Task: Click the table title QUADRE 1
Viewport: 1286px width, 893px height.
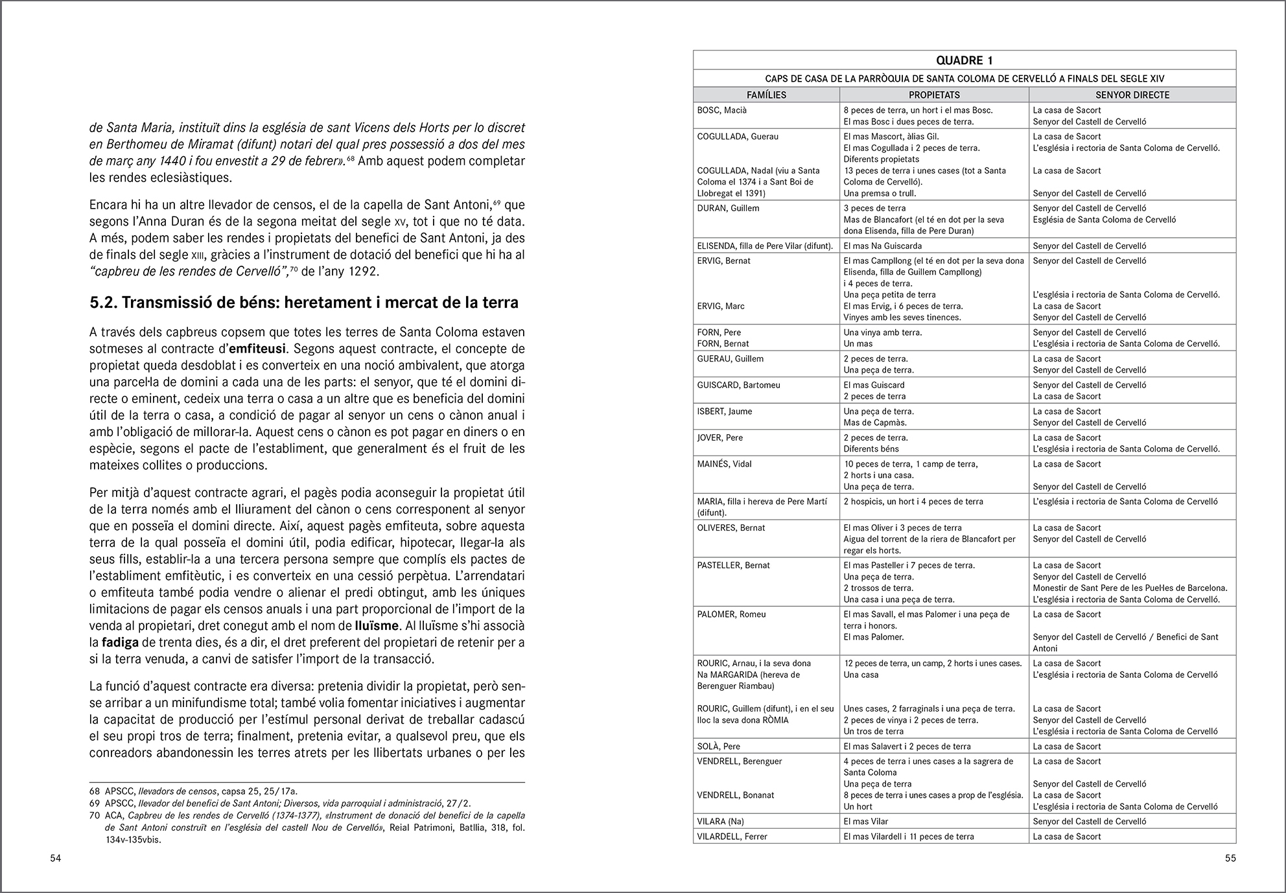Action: point(964,60)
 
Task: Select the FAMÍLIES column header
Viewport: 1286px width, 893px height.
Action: point(766,95)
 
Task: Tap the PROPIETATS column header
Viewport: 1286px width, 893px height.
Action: point(934,95)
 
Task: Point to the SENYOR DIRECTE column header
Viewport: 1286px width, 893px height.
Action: point(1132,95)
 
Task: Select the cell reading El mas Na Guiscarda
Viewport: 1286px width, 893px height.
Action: point(882,246)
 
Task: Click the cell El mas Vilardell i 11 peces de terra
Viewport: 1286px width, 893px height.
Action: point(908,837)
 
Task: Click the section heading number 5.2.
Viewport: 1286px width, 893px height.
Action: point(102,303)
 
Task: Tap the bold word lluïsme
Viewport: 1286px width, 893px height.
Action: point(376,626)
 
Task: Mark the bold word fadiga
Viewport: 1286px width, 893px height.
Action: point(119,643)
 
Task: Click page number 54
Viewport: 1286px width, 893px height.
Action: point(56,859)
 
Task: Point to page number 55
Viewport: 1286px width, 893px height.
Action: point(1230,859)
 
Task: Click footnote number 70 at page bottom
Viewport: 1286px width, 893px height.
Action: point(95,816)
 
